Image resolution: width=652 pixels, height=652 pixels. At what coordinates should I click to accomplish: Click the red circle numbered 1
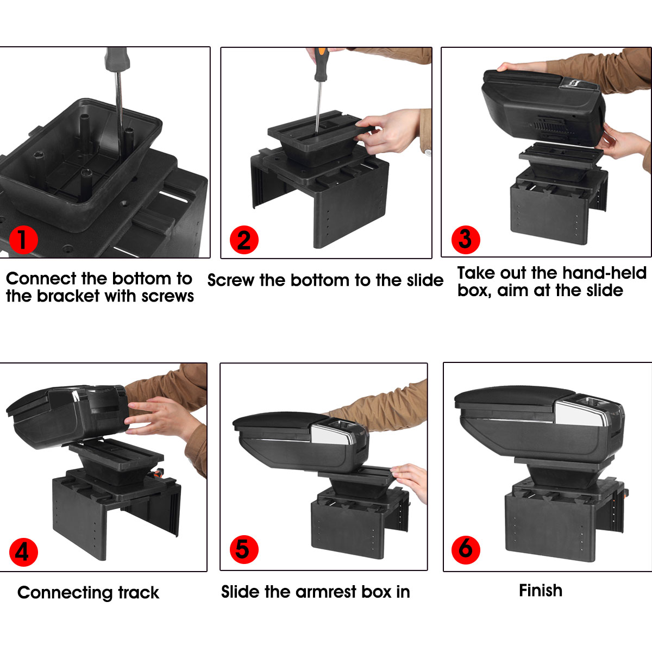click(22, 240)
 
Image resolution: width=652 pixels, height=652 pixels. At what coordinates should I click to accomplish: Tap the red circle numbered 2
click(243, 240)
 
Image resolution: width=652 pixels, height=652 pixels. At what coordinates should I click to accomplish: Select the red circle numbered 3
click(466, 239)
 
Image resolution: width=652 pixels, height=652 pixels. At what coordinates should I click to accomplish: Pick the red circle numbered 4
click(23, 551)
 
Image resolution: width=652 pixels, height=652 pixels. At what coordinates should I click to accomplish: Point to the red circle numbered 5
click(244, 549)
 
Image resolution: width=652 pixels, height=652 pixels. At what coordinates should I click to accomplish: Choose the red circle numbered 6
click(466, 549)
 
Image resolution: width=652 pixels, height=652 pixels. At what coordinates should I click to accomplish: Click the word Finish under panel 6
click(540, 591)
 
